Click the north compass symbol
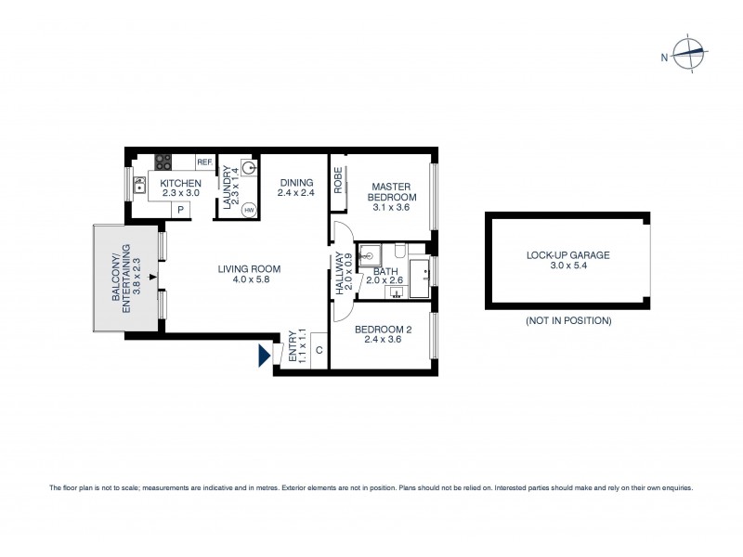pyautogui.click(x=689, y=57)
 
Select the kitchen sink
pyautogui.click(x=140, y=185)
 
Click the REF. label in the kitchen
pyautogui.click(x=204, y=162)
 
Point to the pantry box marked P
pyautogui.click(x=180, y=211)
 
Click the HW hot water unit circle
pyautogui.click(x=248, y=210)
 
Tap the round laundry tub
pyautogui.click(x=248, y=169)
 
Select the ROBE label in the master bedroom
pyautogui.click(x=340, y=179)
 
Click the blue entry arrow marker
pyautogui.click(x=264, y=356)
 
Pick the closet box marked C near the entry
pyautogui.click(x=319, y=350)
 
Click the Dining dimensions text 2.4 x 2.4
pyautogui.click(x=295, y=193)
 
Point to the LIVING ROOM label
pyautogui.click(x=249, y=269)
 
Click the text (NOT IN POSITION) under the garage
pyautogui.click(x=567, y=321)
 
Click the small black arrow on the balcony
pyautogui.click(x=151, y=276)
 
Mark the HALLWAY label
pyautogui.click(x=340, y=276)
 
